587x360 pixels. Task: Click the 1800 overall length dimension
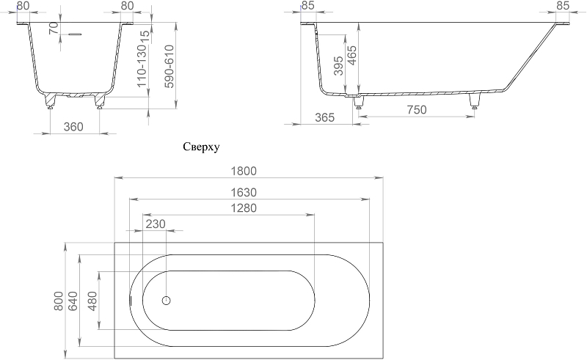tap(244, 171)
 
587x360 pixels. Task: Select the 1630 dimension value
tap(244, 192)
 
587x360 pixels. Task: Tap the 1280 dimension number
tap(244, 208)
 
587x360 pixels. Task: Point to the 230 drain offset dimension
tap(156, 224)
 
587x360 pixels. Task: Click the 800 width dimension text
tap(59, 301)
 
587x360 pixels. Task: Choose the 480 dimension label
tap(92, 301)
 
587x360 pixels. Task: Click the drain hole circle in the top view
tap(167, 300)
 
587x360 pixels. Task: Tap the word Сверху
tap(201, 147)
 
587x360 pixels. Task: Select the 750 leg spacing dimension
tap(417, 110)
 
